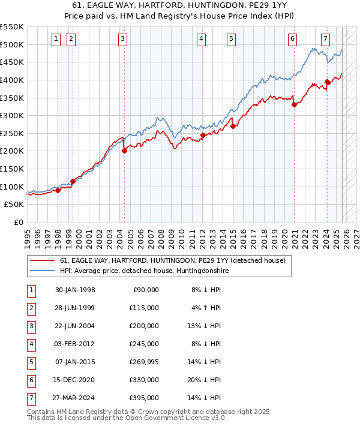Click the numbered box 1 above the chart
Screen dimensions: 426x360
[x=56, y=40]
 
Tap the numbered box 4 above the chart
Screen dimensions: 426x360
[x=201, y=40]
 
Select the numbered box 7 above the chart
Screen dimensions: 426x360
[x=325, y=40]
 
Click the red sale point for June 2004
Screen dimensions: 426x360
[x=124, y=151]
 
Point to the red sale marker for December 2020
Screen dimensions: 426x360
[x=294, y=104]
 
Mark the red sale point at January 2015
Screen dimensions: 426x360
[x=233, y=126]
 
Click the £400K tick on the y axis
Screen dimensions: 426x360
[x=12, y=80]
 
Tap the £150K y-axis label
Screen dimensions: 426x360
[x=12, y=169]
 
